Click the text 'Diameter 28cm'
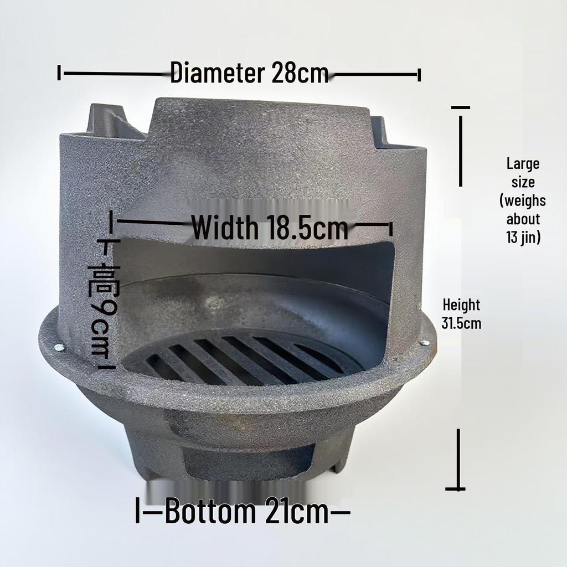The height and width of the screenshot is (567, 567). click(x=249, y=73)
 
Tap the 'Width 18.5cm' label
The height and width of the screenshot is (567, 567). click(x=270, y=227)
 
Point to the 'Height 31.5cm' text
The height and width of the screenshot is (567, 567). click(x=461, y=313)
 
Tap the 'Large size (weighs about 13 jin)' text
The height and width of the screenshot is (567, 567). click(x=523, y=200)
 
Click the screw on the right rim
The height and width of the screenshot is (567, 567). click(x=425, y=343)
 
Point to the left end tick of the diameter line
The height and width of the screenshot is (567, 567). click(x=59, y=73)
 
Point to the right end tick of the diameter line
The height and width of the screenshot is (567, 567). click(x=419, y=74)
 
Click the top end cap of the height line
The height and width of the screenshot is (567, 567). click(x=460, y=107)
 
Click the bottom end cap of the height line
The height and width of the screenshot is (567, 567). click(x=456, y=488)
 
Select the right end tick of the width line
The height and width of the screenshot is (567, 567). click(x=391, y=228)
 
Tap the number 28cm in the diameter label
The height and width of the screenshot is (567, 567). click(x=300, y=73)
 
